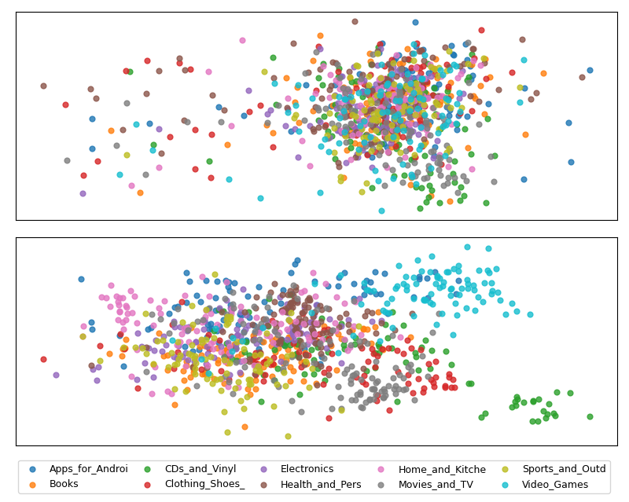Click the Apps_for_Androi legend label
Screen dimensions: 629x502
pos(88,469)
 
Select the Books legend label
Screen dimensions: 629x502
pos(64,484)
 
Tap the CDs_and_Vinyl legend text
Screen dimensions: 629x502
pos(200,469)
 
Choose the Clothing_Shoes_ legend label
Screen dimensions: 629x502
pos(204,484)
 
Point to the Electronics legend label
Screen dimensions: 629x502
pos(307,469)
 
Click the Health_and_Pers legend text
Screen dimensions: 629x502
pos(321,485)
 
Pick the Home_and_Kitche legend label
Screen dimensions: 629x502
pos(442,469)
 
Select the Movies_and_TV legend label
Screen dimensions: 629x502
pos(436,485)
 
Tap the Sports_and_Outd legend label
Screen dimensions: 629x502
pos(564,469)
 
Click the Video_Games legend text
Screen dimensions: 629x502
pos(555,485)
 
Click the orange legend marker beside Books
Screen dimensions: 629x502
pos(32,485)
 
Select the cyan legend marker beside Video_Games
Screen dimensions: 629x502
pos(506,485)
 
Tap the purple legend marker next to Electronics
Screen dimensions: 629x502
pos(263,469)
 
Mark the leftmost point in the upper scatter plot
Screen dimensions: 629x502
pos(44,86)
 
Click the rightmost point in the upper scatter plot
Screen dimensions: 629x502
pos(590,70)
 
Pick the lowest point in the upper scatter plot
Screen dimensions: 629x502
pos(381,211)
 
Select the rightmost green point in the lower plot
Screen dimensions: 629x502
pos(590,416)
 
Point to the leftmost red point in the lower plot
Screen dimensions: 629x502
pos(44,359)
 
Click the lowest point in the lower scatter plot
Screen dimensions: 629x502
pos(288,436)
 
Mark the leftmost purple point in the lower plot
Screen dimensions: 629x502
pos(56,375)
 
